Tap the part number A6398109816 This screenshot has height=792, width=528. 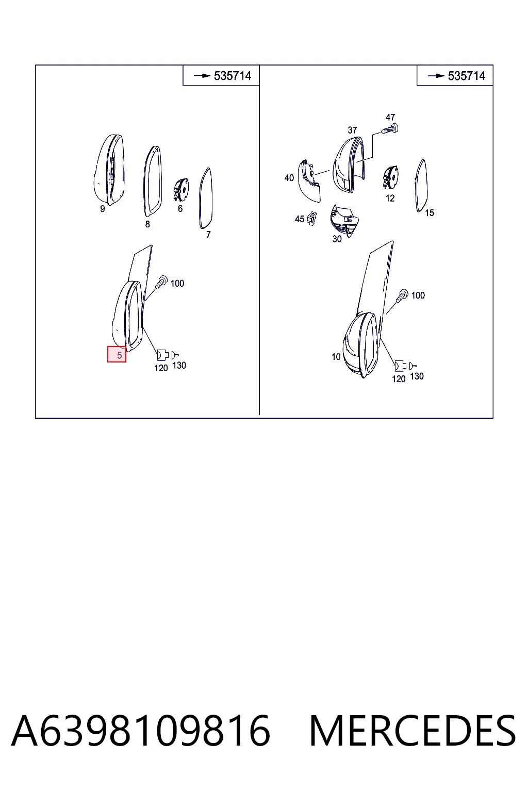141,731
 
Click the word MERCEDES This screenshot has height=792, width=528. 412,731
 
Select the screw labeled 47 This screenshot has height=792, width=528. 390,129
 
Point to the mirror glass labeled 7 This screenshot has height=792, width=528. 206,198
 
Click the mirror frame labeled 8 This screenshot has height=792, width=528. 153,181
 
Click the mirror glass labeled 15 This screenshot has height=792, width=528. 421,186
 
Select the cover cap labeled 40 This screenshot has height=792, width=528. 310,181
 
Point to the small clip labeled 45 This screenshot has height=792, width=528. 311,218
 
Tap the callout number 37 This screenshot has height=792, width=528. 352,130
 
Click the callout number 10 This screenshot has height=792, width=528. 336,356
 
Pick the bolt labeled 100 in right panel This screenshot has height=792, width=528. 403,295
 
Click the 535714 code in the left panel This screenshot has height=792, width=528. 233,76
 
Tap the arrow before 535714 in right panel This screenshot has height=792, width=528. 436,76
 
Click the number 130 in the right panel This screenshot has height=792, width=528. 417,376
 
